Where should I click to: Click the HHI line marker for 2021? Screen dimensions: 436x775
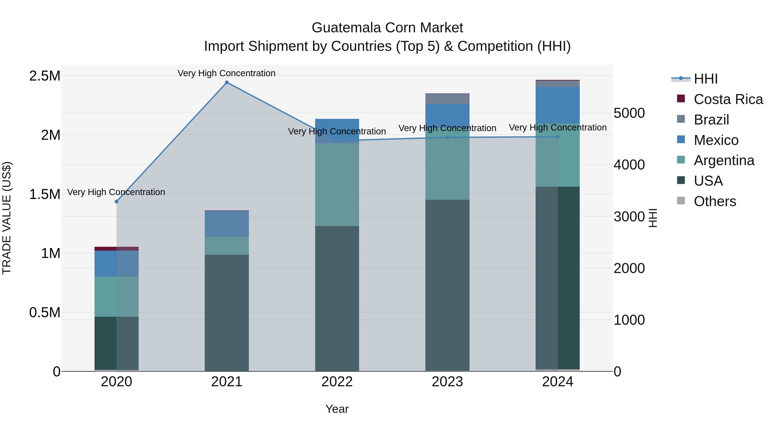pyautogui.click(x=227, y=82)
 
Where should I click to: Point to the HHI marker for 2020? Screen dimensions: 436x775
pyautogui.click(x=116, y=202)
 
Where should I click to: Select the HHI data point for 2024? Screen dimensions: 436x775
pyautogui.click(x=558, y=137)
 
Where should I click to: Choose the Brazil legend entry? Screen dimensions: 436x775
pyautogui.click(x=711, y=120)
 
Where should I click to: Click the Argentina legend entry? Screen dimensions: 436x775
pyautogui.click(x=724, y=160)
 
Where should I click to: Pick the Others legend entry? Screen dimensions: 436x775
pyautogui.click(x=715, y=201)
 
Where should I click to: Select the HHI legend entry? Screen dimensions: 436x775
pyautogui.click(x=705, y=79)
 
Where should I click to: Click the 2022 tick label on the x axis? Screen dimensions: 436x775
pyautogui.click(x=337, y=382)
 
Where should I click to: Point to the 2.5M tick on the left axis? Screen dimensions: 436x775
pyautogui.click(x=45, y=76)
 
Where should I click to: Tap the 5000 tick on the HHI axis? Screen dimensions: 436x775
pyautogui.click(x=629, y=113)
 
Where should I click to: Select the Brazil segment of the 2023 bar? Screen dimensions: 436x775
pyautogui.click(x=447, y=99)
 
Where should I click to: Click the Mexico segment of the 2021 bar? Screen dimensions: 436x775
pyautogui.click(x=227, y=224)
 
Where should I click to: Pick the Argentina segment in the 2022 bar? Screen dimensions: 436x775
pyautogui.click(x=337, y=185)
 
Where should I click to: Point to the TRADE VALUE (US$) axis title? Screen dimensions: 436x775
pyautogui.click(x=7, y=218)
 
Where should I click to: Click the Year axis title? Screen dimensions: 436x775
pyautogui.click(x=337, y=409)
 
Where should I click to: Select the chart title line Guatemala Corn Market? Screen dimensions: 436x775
pyautogui.click(x=387, y=28)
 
